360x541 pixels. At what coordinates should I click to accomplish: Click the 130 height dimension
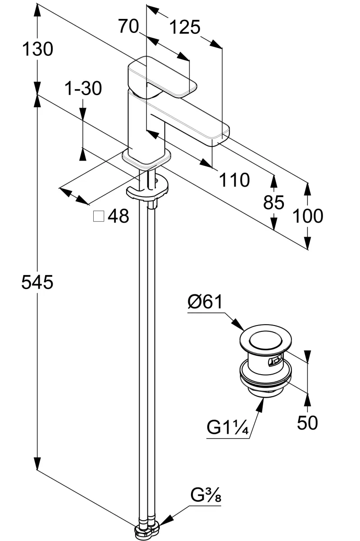tap(37, 49)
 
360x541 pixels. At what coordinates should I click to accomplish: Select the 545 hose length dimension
tap(37, 282)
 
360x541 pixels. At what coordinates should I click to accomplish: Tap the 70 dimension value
tap(128, 26)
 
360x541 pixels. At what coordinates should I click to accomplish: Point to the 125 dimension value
tap(185, 27)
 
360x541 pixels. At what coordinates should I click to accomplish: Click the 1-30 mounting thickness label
tap(83, 88)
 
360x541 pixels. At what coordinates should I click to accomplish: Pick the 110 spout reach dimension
tap(234, 180)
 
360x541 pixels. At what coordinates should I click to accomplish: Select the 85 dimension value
tap(273, 202)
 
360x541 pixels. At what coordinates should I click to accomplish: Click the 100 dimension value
tap(308, 215)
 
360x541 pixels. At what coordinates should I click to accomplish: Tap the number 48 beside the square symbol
tap(118, 216)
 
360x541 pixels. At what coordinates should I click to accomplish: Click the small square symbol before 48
tap(99, 216)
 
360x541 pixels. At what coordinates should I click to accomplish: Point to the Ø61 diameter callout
tap(205, 302)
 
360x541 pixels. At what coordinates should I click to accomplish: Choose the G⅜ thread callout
tap(206, 495)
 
